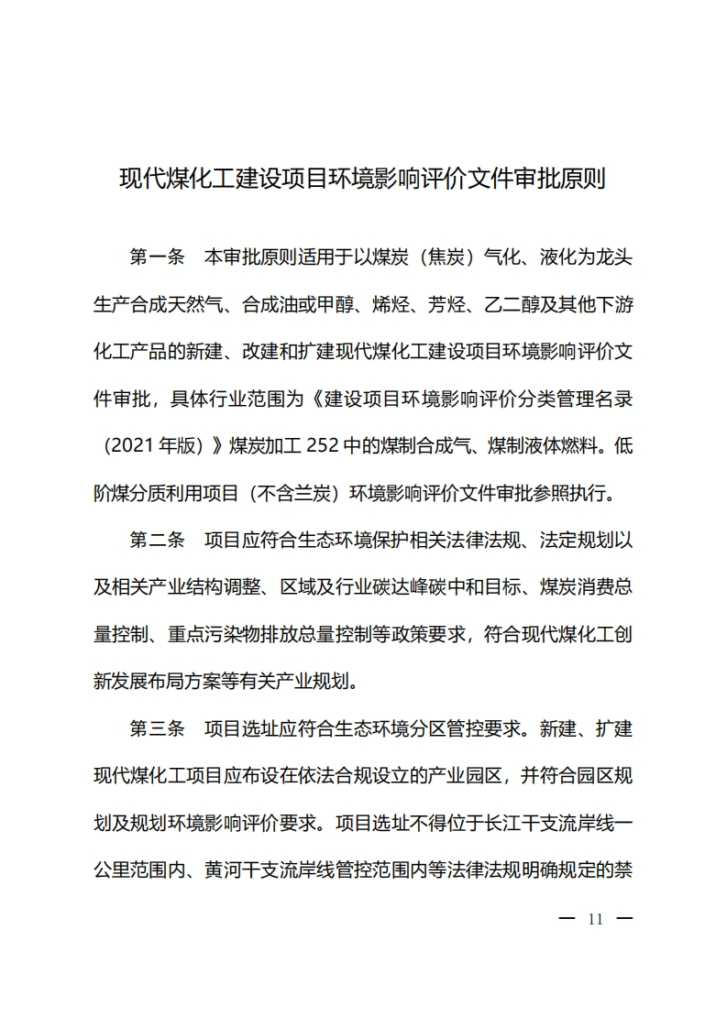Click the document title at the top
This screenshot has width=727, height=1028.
pos(363,177)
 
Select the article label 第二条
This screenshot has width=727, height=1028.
pos(158,541)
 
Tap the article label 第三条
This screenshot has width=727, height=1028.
pos(158,729)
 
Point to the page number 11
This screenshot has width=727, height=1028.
pos(595,920)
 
